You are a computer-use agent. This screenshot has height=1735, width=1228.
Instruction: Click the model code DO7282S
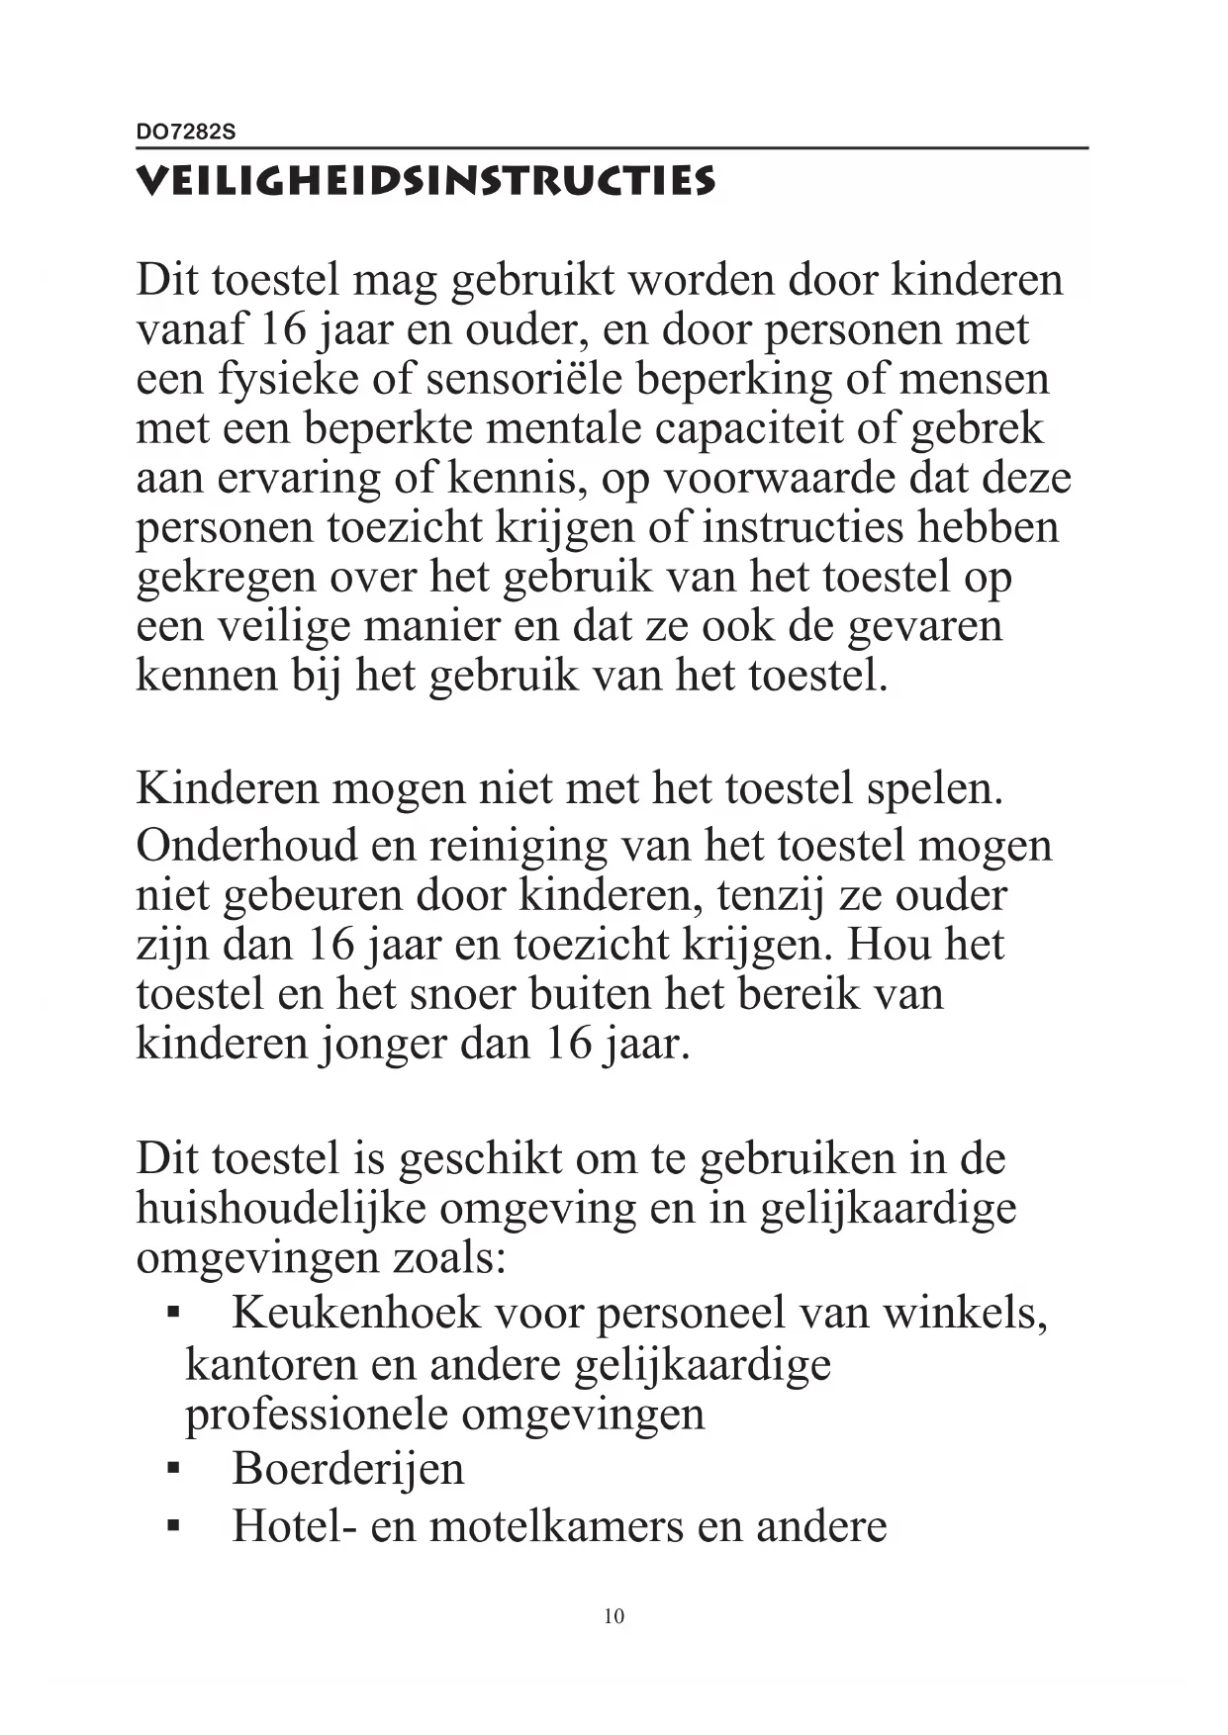click(186, 133)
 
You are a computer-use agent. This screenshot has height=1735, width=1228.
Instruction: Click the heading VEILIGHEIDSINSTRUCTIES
click(425, 182)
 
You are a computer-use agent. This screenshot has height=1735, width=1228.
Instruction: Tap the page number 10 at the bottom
click(614, 1616)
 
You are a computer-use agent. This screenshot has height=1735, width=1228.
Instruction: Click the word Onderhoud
click(246, 846)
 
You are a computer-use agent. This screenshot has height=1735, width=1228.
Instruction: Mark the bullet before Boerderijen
click(173, 1471)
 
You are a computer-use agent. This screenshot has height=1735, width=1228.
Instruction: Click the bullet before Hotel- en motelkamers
click(173, 1528)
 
